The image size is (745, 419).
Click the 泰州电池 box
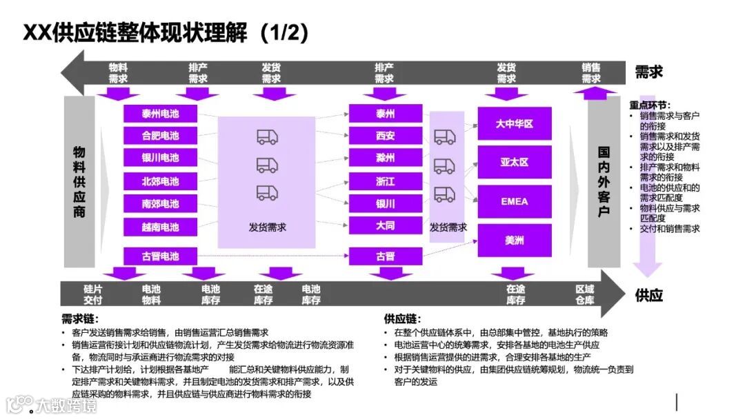coord(160,114)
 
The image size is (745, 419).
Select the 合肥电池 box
coord(160,136)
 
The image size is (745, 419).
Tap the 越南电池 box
coord(160,227)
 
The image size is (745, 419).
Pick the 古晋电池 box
coord(160,256)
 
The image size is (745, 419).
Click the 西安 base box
coord(386,136)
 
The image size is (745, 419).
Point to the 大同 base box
coord(386,225)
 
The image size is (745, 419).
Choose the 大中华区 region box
coord(515,124)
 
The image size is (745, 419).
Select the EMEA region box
coord(515,202)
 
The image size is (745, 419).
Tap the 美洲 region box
coord(515,241)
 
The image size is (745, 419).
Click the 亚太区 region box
coord(515,163)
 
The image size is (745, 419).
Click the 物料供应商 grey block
coord(79,181)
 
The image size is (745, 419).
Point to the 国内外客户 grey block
coord(604,181)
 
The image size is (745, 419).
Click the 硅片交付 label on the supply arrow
coord(93,294)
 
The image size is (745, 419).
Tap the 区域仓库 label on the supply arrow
coord(585,294)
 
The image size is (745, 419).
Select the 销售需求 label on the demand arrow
coord(591,73)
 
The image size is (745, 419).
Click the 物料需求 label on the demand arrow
coord(119,73)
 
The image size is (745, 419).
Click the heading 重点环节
coord(649,105)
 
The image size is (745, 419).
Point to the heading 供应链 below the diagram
coord(401,319)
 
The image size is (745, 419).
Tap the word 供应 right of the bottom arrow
coord(648,295)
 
